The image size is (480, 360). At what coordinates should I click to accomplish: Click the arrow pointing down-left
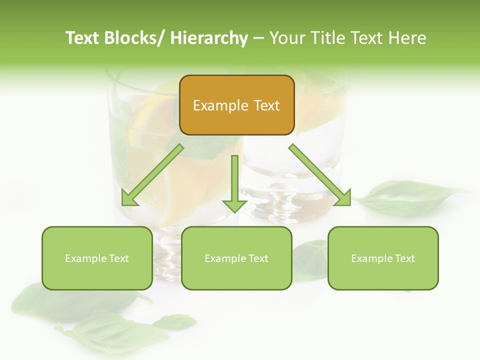point(152,175)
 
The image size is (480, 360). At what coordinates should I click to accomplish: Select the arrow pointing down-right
point(320,175)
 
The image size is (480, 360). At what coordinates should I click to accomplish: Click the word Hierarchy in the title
point(209,38)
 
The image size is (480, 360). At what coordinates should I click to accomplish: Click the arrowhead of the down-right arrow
point(343,197)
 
